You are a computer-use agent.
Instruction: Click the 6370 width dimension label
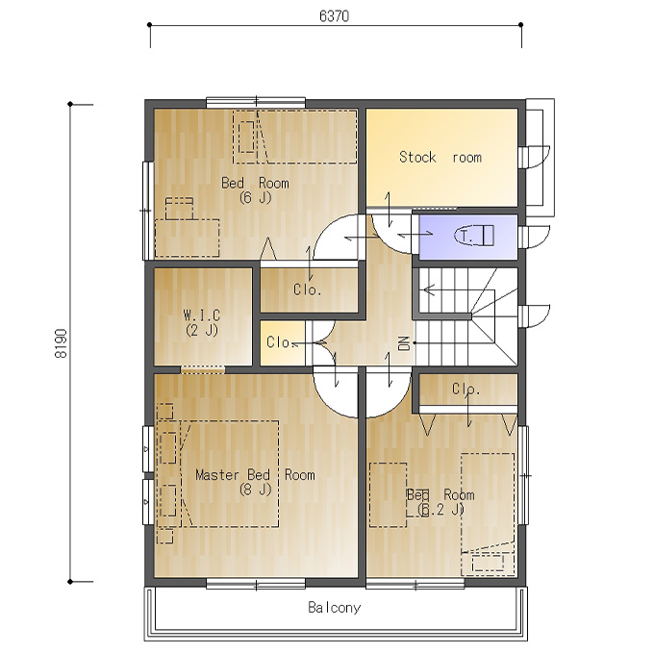(334, 15)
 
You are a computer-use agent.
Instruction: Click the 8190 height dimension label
(61, 343)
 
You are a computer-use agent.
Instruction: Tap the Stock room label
(440, 157)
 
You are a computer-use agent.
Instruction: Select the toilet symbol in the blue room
(474, 236)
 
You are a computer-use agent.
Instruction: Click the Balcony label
(334, 607)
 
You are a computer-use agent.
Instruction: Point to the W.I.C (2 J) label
(202, 322)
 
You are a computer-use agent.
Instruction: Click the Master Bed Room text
(255, 475)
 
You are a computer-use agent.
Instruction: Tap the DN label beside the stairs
(404, 343)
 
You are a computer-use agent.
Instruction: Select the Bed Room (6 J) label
(255, 189)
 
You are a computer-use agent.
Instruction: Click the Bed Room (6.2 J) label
(440, 502)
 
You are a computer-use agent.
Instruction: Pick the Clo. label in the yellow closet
(282, 342)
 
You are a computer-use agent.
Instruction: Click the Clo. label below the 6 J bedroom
(308, 289)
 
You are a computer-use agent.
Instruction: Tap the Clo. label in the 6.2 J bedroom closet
(465, 390)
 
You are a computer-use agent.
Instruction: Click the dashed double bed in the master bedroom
(230, 474)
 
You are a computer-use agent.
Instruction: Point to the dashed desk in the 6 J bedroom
(187, 238)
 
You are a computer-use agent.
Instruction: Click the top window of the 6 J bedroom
(256, 102)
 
